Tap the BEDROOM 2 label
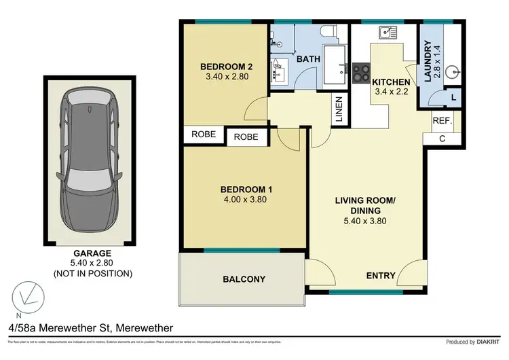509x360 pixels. (x=226, y=67)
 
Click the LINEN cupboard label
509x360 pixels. (x=339, y=110)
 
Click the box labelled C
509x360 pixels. (x=442, y=139)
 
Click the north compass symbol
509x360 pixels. (x=26, y=297)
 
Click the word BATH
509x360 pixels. (x=309, y=59)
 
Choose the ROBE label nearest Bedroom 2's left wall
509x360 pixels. (x=204, y=134)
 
